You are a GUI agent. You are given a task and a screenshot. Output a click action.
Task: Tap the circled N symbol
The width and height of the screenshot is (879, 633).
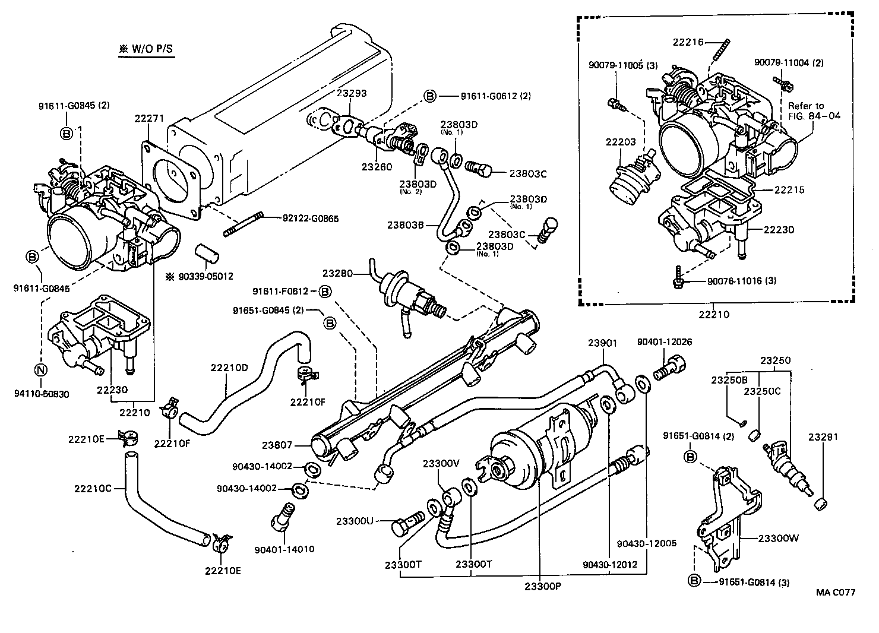point(40,371)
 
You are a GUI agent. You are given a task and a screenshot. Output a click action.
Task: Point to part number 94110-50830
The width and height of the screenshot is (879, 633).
point(40,393)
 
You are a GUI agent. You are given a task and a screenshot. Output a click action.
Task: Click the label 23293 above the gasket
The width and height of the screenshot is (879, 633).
point(352,93)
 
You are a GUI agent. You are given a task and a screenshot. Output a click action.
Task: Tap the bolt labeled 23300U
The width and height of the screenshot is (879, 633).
point(407,526)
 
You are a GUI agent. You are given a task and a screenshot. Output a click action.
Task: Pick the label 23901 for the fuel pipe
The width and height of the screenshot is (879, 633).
point(603,343)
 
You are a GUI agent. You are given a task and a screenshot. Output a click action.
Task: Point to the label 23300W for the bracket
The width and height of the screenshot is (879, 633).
point(779,539)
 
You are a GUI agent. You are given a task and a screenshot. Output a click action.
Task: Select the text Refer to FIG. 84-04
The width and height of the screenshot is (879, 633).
point(814,111)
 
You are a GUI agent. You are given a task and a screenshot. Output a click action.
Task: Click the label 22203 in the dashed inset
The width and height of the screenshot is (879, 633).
point(621,142)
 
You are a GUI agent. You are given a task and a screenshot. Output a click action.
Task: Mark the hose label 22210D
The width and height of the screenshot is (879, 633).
point(229,368)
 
